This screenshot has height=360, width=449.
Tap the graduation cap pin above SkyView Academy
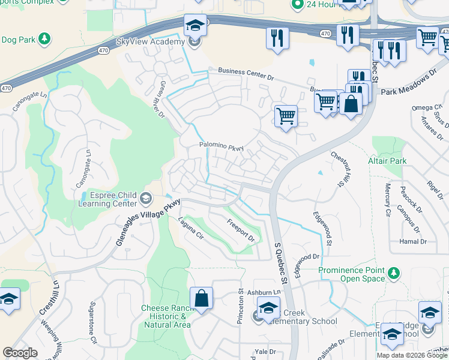(195, 26)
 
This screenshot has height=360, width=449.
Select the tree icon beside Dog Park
(43, 39)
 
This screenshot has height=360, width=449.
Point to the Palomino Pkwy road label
(221, 145)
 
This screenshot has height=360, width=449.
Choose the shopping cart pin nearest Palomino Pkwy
(286, 115)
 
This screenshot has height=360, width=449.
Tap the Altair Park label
(387, 161)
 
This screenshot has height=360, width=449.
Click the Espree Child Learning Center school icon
(146, 198)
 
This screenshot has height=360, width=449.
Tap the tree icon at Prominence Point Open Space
(393, 274)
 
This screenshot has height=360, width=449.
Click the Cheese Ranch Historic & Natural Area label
(166, 316)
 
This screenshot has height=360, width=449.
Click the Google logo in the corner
(20, 353)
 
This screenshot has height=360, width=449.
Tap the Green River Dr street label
(161, 99)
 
